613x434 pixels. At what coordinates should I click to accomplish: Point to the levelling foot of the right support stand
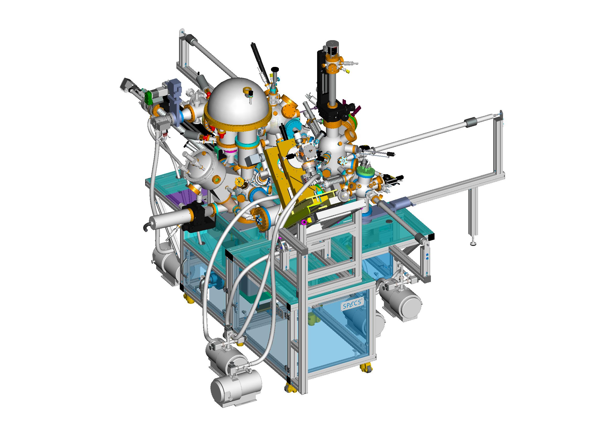click(x=473, y=243)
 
